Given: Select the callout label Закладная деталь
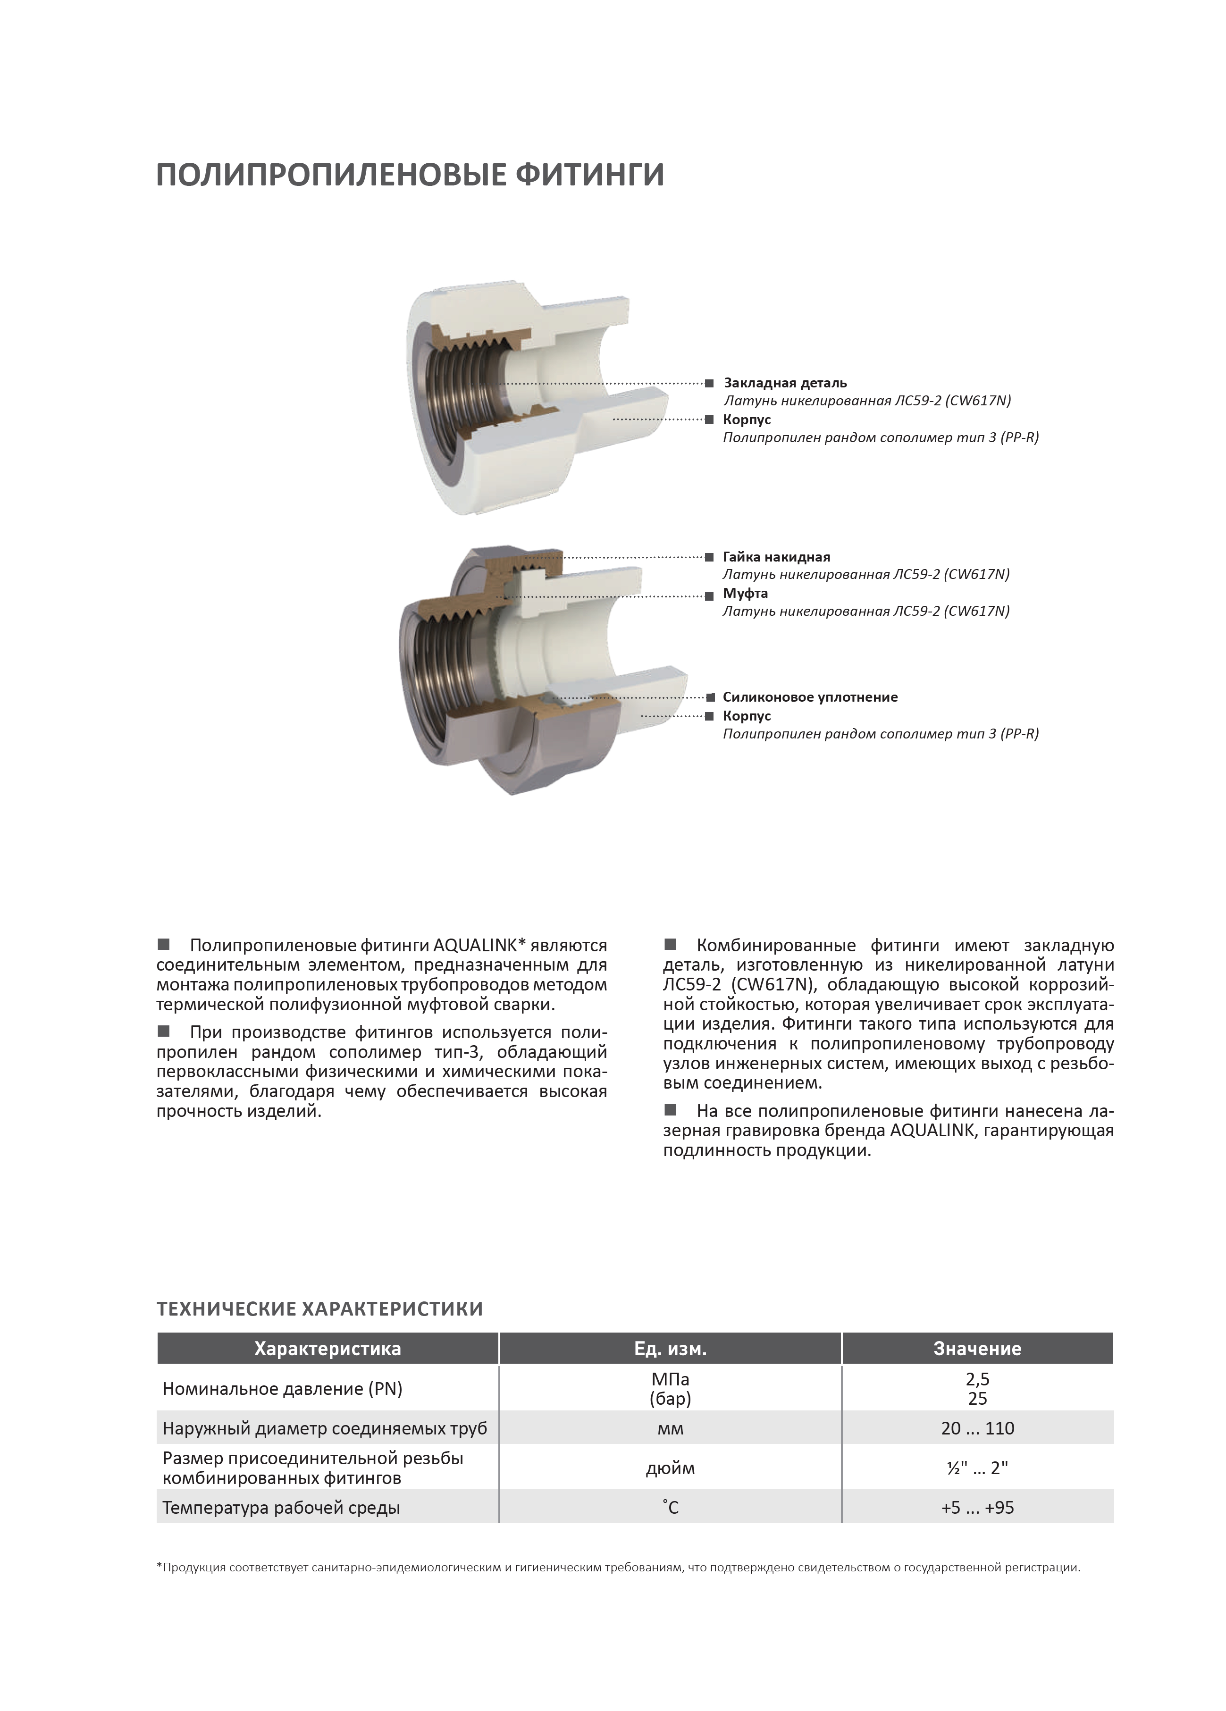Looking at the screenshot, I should click(x=785, y=383).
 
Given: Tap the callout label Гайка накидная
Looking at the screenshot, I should click(x=776, y=557).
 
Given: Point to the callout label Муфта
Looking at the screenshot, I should click(x=745, y=593).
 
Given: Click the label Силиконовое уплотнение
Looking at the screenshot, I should click(x=809, y=697).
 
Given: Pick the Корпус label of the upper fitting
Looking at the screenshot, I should click(x=746, y=419).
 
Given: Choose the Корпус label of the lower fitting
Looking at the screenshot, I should click(x=746, y=716).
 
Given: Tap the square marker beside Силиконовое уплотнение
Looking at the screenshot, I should click(x=710, y=697).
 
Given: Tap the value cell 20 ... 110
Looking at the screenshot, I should click(x=977, y=1428).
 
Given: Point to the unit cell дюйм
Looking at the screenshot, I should click(x=670, y=1468).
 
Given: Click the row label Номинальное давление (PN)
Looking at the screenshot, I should click(x=282, y=1389).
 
